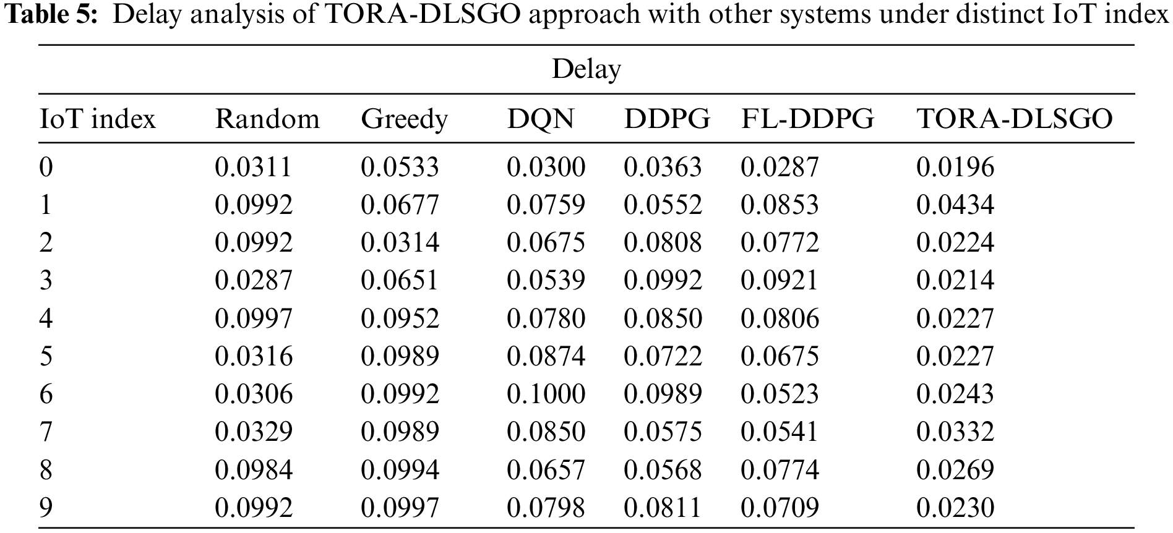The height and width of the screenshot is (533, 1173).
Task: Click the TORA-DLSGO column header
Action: [1014, 119]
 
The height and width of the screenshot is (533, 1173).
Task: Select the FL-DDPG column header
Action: [807, 119]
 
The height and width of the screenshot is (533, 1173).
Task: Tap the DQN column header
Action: [540, 119]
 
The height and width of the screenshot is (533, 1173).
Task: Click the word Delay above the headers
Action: [586, 69]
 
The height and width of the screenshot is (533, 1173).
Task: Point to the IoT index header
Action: [97, 119]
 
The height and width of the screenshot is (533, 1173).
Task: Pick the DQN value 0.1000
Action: [546, 394]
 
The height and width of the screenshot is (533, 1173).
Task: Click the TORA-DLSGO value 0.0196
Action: [955, 167]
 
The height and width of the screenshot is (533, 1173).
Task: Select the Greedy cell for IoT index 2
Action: [400, 242]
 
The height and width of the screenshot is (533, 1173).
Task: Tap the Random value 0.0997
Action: [254, 318]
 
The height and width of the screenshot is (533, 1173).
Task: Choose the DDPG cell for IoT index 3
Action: [663, 281]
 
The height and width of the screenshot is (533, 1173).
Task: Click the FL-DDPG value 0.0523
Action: [780, 394]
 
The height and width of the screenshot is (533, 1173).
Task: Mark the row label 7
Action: [46, 432]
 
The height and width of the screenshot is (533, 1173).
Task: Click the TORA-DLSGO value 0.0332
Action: [955, 432]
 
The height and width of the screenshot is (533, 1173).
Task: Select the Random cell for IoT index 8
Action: [254, 470]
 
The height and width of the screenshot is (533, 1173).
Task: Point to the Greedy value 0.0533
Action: [400, 167]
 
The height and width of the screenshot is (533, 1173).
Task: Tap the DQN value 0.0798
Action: [546, 508]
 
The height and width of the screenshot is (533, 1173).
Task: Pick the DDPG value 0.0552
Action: [663, 205]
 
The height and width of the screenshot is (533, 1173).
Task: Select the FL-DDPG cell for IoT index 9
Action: [780, 508]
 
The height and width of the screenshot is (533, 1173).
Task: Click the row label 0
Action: [46, 167]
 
